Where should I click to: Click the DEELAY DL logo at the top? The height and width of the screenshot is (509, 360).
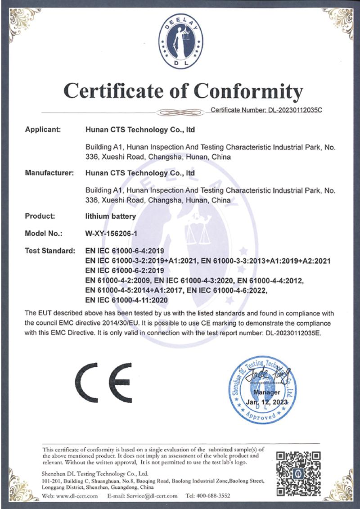coord(180,41)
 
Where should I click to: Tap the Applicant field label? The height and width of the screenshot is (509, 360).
coord(43,130)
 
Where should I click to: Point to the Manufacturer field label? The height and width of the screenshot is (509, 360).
coord(49,172)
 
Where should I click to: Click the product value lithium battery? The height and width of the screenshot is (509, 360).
coord(110,216)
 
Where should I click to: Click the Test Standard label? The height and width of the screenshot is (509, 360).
coord(50,251)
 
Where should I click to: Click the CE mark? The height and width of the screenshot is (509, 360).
coord(103,383)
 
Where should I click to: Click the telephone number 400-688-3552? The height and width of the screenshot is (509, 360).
coord(215,495)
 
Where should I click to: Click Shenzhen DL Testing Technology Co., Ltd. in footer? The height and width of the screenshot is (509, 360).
coord(95,473)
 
